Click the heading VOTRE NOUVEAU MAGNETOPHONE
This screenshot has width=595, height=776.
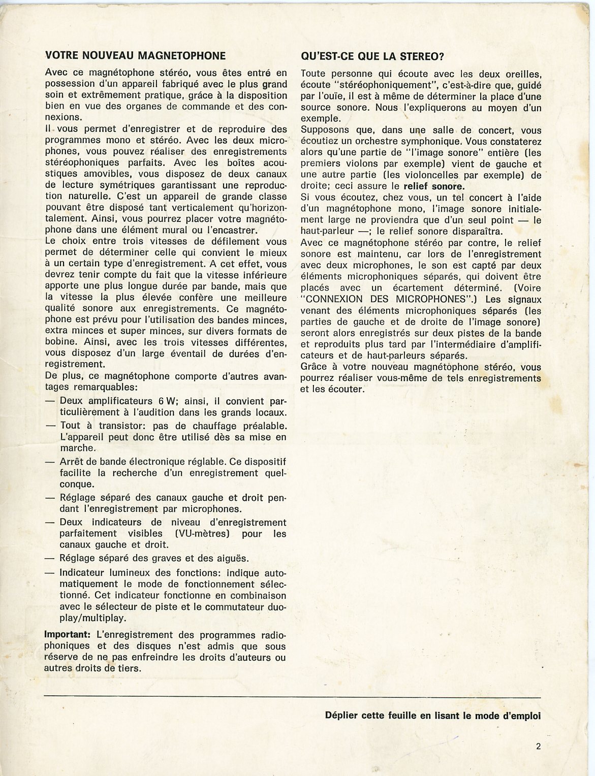pos(135,55)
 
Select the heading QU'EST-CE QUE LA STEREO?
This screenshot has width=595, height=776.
pos(372,56)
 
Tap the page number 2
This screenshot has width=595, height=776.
pos(538,746)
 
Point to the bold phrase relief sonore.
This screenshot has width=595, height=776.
pos(433,186)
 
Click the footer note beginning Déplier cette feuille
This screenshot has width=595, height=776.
pos(432,716)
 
